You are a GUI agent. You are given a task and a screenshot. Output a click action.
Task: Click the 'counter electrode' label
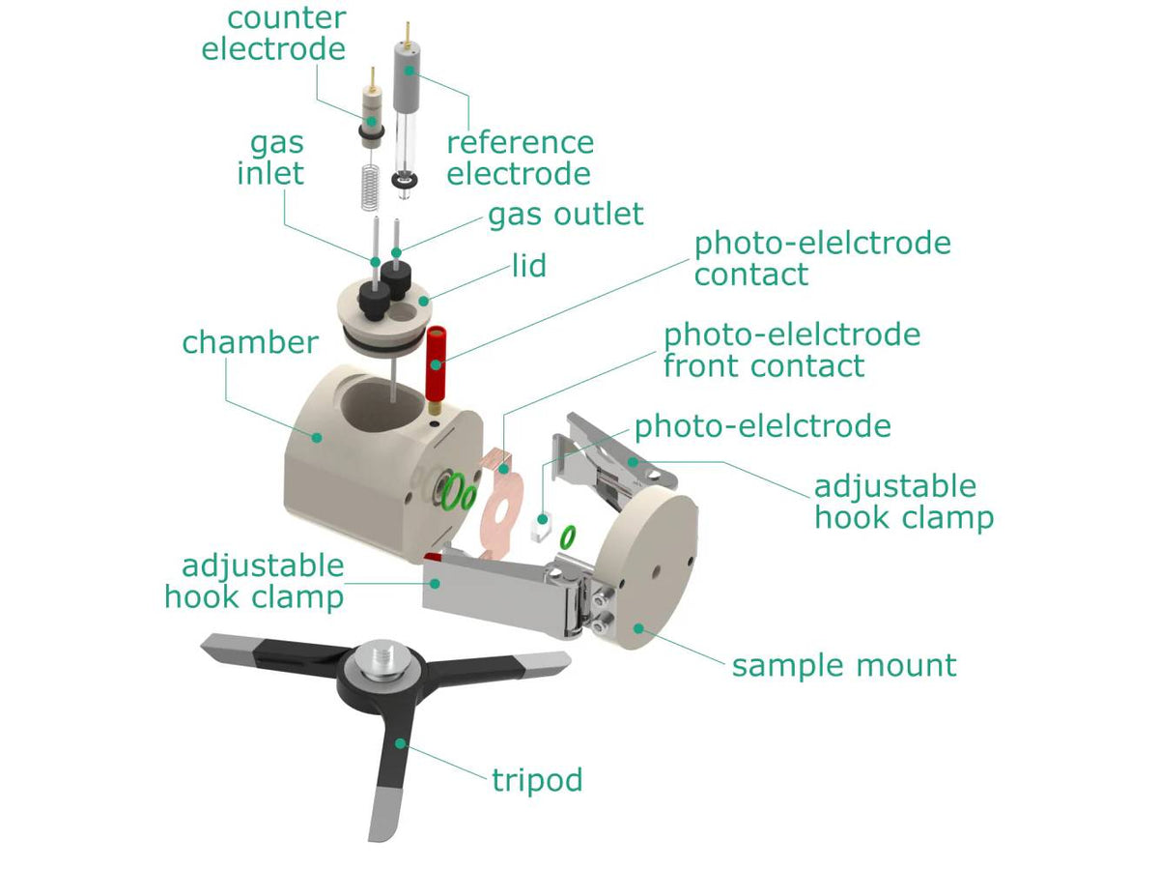(x=272, y=33)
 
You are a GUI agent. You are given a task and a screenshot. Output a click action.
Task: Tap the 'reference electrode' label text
(x=520, y=159)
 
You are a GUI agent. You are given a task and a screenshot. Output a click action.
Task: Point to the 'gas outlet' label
(x=565, y=214)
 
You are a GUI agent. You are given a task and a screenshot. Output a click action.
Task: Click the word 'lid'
(x=528, y=266)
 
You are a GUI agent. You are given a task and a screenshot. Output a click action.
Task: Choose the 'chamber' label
(x=249, y=342)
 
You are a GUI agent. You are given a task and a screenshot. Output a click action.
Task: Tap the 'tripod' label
(x=537, y=779)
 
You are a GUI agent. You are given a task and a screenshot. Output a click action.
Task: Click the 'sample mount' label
(x=843, y=665)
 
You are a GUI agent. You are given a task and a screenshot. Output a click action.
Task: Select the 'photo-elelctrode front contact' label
(x=791, y=350)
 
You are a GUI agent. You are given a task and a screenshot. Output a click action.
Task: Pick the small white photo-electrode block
(x=542, y=528)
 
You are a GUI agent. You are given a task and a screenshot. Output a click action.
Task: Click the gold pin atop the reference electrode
(x=409, y=31)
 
